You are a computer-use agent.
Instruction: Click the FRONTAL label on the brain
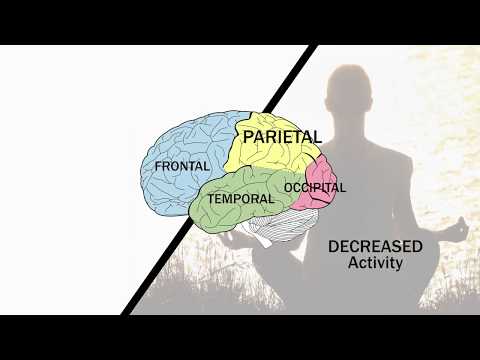coord(181,165)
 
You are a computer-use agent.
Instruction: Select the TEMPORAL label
coord(240,198)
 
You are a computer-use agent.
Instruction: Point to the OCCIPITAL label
coord(314,187)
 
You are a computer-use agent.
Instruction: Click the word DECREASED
coord(375,246)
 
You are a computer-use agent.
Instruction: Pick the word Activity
coord(375,264)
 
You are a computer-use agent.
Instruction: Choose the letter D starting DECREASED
coord(333,246)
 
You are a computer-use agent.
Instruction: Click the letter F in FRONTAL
coord(156,165)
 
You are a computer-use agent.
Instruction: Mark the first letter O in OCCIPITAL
coord(288,187)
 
